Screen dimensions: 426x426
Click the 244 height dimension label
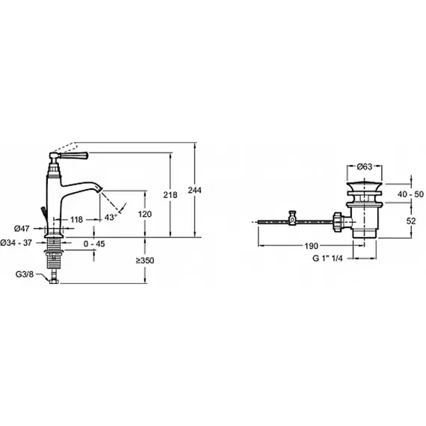tap(194, 190)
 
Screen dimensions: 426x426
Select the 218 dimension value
tap(170, 195)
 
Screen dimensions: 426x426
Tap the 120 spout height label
tap(145, 214)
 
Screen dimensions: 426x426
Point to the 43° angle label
tap(111, 217)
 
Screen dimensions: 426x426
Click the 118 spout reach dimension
tap(77, 219)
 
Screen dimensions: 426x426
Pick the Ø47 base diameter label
tap(22, 229)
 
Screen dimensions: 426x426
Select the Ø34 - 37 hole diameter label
tap(16, 243)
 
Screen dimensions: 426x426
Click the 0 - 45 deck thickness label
tap(94, 244)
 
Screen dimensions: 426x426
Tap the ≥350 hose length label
tap(145, 260)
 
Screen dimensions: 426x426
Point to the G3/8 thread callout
tap(25, 274)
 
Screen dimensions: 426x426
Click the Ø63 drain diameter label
tap(365, 167)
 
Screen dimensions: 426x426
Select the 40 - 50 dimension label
tap(410, 194)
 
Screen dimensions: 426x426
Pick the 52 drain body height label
tap(411, 221)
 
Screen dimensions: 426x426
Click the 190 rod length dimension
tap(311, 246)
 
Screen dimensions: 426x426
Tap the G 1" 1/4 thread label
tap(327, 258)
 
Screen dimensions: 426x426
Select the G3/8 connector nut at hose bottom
tap(54, 281)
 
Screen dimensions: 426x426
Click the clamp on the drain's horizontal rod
tap(292, 218)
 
